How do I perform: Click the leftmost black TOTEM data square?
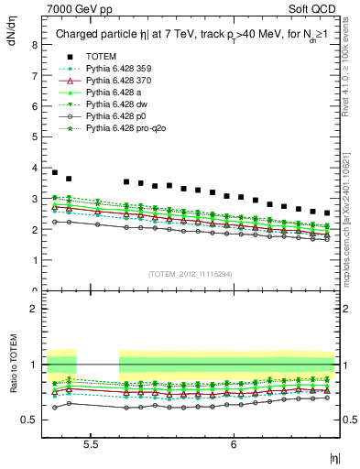(55, 172)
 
